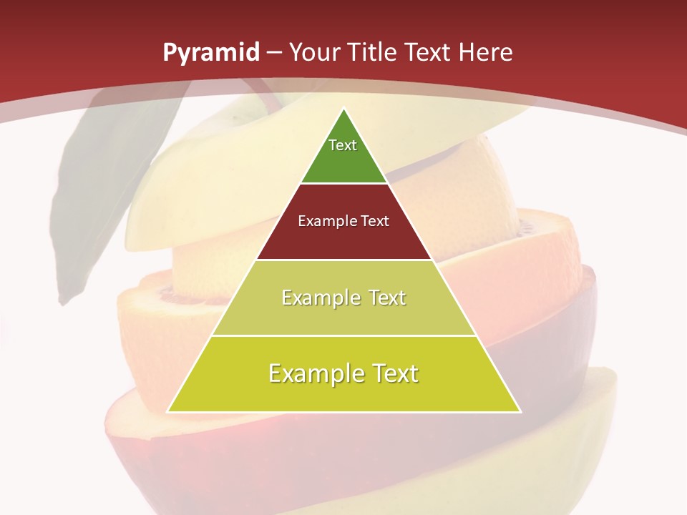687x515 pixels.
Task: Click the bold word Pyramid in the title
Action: tap(210, 53)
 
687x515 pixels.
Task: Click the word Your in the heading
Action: tap(315, 53)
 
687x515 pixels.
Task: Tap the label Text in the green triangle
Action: tap(343, 145)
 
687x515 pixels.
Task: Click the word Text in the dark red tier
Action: tap(375, 221)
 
